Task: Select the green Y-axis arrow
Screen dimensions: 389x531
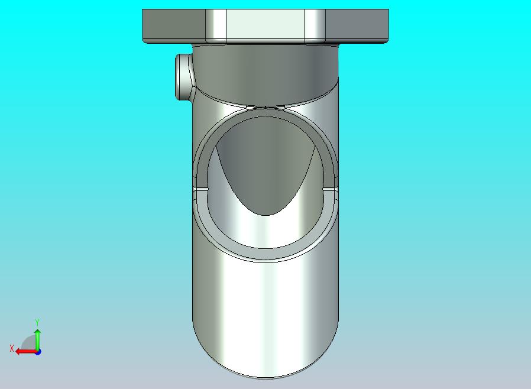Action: tap(37, 338)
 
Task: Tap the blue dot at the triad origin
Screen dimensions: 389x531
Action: tap(38, 352)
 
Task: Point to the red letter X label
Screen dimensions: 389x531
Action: tap(11, 348)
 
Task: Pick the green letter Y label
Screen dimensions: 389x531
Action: tap(37, 322)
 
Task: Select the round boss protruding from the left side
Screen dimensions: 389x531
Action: tap(183, 76)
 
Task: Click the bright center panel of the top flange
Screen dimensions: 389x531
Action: tap(265, 25)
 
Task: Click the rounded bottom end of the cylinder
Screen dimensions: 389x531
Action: tap(265, 361)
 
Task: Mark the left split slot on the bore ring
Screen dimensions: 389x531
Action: tap(199, 189)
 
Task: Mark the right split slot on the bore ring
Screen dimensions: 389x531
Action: tap(332, 189)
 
